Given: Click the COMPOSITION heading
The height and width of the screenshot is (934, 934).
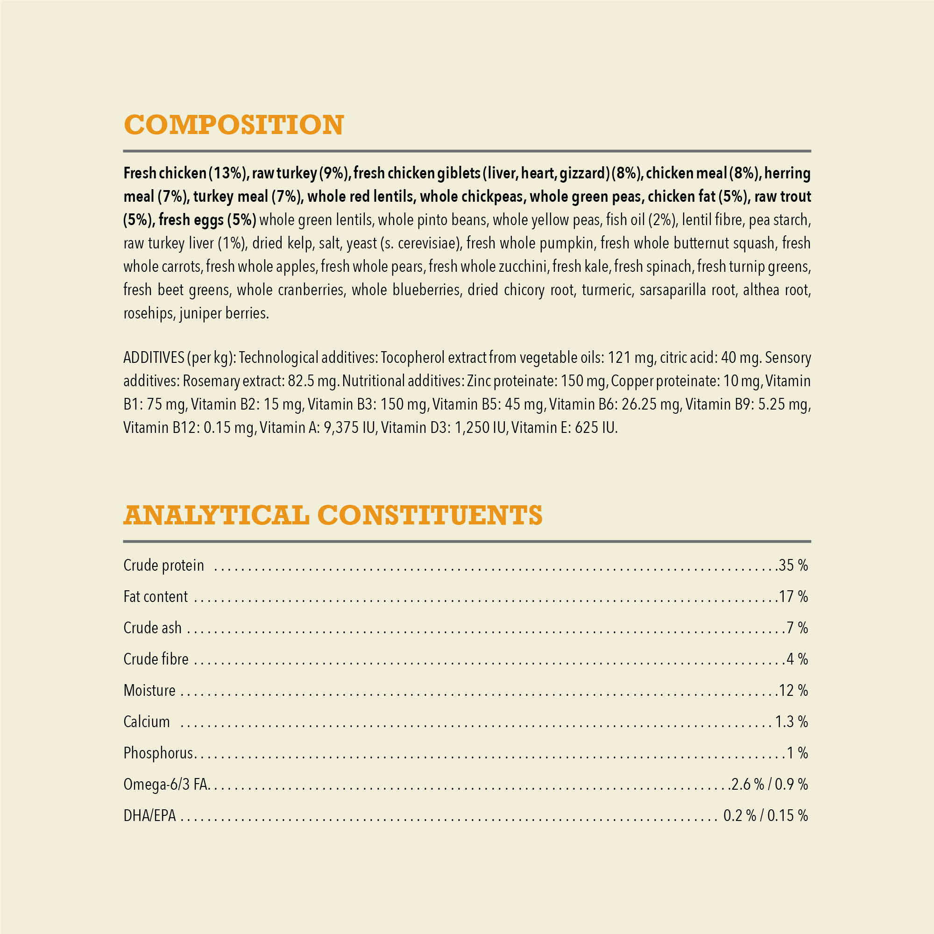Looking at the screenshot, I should (x=234, y=125).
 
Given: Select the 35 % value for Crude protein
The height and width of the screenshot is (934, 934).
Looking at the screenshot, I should (x=793, y=565).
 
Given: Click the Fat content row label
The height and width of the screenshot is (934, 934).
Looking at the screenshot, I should (x=155, y=596).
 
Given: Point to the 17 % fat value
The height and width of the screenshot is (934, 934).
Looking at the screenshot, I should (x=793, y=596).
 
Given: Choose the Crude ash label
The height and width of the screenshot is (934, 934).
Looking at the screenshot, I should (x=152, y=628).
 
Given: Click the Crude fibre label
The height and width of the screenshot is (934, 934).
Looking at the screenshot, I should (x=156, y=659).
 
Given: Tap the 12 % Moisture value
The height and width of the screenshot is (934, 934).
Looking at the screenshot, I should (x=793, y=690).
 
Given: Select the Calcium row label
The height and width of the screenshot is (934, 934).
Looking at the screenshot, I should (x=147, y=722).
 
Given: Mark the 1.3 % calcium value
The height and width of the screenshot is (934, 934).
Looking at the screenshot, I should (x=792, y=722).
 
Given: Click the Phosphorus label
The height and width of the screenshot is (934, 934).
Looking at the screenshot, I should (x=158, y=753).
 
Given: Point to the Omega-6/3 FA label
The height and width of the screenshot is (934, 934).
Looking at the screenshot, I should (x=166, y=784).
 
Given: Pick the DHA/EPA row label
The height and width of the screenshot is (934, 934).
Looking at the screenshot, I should (x=149, y=815).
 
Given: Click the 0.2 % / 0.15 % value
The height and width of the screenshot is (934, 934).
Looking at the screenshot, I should (x=765, y=815).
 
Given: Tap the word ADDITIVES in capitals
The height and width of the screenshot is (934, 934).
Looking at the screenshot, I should (x=154, y=358).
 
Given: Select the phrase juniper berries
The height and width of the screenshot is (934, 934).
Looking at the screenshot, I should (x=224, y=313).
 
